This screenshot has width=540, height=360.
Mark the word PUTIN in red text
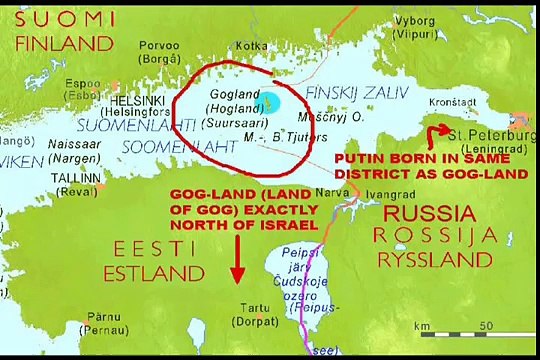356,158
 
